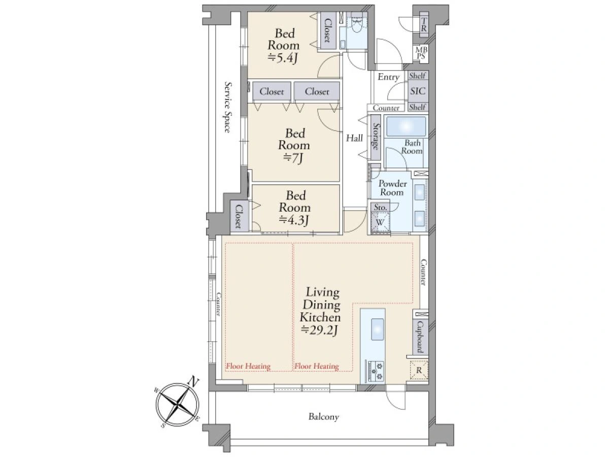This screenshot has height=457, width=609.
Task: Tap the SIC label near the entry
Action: pos(418,91)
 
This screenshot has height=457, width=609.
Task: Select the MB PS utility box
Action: pos(421,53)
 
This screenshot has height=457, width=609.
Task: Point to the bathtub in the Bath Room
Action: pos(406,127)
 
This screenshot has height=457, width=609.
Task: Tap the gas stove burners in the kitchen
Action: pos(376,371)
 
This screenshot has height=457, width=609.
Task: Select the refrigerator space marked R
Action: pos(419,370)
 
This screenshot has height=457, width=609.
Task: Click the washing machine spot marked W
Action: pos(380,222)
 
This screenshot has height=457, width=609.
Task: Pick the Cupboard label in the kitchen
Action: pos(420,337)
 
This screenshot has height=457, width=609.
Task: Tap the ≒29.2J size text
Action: pos(319,330)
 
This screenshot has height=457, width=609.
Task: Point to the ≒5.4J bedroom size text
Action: pos(283,58)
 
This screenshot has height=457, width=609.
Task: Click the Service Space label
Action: pos(228,107)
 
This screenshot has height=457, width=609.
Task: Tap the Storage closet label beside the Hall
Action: pos(376,137)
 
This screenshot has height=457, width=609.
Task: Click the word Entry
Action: pos(388,77)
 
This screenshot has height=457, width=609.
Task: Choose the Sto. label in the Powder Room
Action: pos(380,207)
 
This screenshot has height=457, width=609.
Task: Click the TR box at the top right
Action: pos(423,24)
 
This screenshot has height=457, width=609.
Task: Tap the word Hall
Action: pos(354,138)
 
